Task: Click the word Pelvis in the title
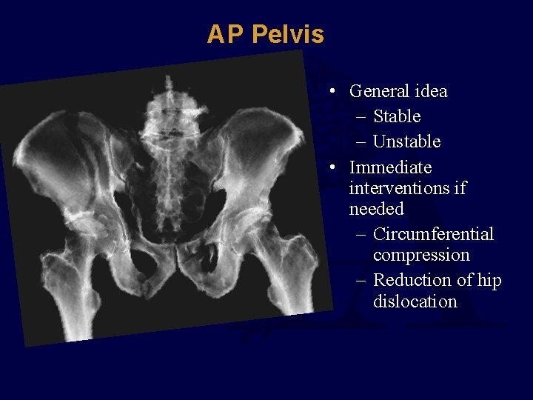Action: [287, 34]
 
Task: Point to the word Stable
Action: [397, 116]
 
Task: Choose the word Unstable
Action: [406, 141]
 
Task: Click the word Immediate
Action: [390, 167]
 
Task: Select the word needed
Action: [376, 209]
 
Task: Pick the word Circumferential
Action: [433, 234]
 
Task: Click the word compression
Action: [421, 255]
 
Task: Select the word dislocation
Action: [415, 301]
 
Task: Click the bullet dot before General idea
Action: [335, 92]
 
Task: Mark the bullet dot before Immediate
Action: [335, 167]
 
